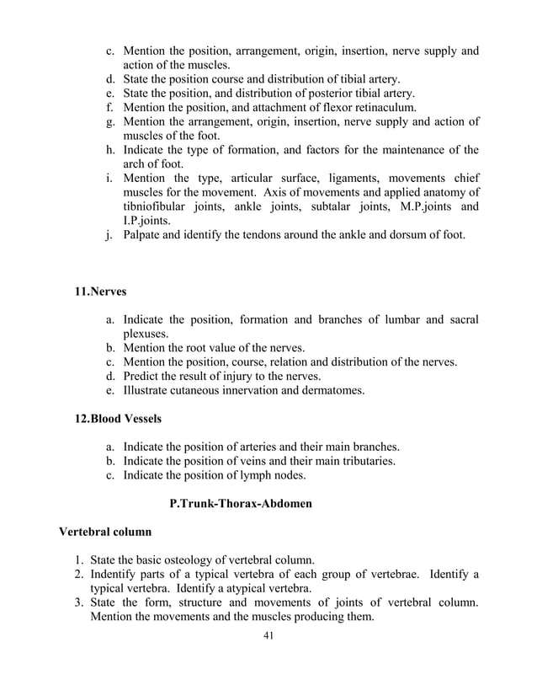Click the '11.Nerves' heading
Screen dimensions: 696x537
(101, 292)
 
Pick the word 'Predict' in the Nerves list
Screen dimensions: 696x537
(143, 376)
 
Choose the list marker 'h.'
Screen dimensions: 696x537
(109, 150)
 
